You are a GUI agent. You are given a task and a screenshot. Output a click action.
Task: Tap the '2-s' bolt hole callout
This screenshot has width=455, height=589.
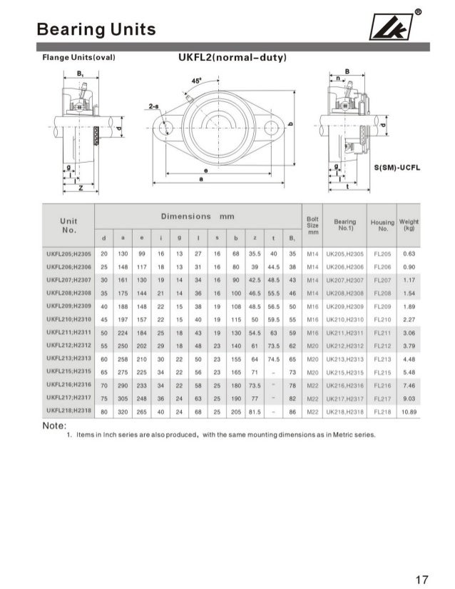tap(153, 106)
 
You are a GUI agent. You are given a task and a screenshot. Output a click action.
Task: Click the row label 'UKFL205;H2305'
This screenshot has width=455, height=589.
tap(68, 253)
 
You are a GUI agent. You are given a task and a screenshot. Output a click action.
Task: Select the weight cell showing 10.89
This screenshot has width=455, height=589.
tap(409, 413)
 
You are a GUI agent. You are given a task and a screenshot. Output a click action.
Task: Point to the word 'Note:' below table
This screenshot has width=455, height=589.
tap(54, 426)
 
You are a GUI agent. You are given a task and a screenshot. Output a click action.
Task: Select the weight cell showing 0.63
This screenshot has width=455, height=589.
tap(409, 253)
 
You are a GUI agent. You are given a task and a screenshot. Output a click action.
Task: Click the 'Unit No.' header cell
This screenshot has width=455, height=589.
tap(68, 226)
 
